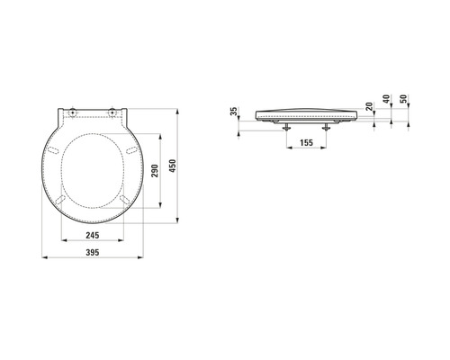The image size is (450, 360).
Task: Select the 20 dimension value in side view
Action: coord(368,110)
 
